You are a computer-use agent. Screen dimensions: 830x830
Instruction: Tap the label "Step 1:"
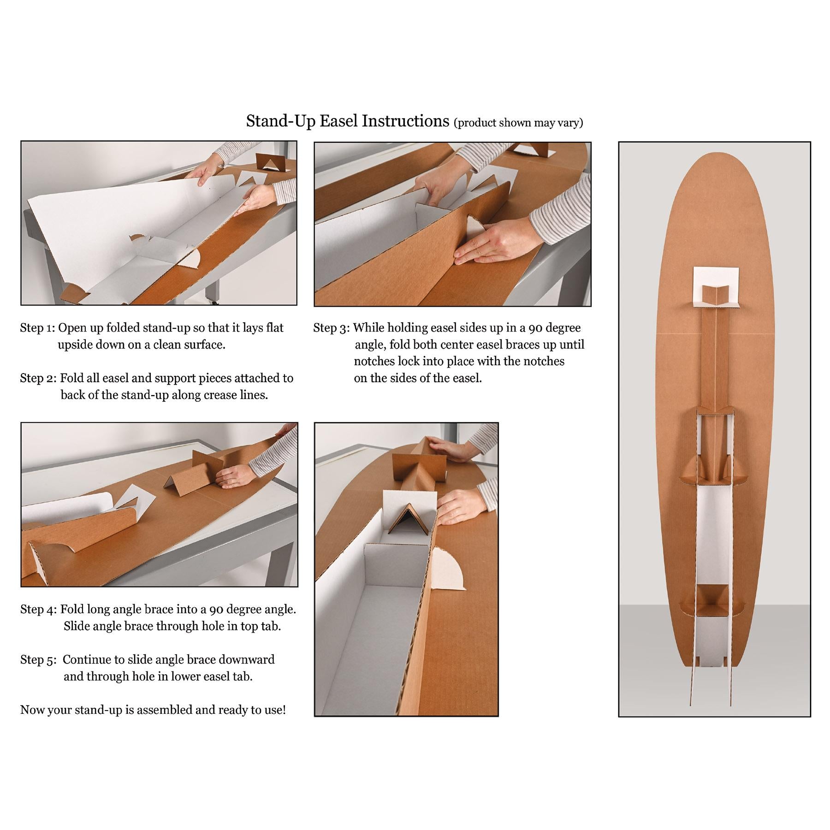[37, 328]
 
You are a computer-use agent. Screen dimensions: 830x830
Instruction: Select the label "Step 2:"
[38, 378]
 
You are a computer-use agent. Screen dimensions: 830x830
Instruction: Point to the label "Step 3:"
[332, 328]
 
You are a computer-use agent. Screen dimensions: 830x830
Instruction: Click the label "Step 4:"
[39, 609]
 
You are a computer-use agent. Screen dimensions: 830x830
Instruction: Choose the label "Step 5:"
[38, 659]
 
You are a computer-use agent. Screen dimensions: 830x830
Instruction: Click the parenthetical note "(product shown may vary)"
[518, 123]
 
